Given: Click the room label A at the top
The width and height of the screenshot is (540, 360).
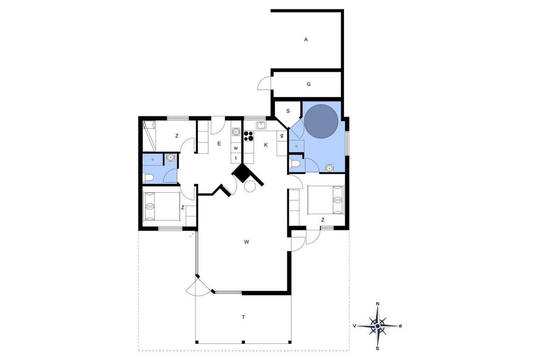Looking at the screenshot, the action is tap(306, 39).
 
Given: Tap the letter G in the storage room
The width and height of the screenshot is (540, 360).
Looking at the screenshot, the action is tap(308, 84).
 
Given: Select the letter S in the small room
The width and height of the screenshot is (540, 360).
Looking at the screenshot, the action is tap(288, 111).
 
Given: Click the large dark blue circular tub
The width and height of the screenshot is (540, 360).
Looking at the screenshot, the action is tap(321, 121).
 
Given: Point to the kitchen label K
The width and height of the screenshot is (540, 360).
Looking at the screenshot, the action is tap(266, 145).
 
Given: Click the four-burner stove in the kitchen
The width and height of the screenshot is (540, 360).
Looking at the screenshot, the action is tap(248, 136).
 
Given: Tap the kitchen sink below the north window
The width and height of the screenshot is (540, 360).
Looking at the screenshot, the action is tap(261, 125).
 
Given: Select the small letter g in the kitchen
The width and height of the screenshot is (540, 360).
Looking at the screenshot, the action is tap(282, 135).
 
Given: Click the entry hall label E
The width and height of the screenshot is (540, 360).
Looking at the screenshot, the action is tap(219, 144).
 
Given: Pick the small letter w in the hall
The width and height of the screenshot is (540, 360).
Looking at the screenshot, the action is tap(236, 148).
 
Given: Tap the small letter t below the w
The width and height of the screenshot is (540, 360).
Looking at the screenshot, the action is tap(236, 158).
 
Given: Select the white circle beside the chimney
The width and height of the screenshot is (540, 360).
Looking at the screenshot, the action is tap(250, 186).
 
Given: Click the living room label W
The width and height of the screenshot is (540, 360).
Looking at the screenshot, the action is tap(246, 242).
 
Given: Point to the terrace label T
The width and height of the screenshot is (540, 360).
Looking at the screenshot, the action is tap(243, 317).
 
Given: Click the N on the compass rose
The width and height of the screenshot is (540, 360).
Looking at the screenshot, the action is tap(378, 304).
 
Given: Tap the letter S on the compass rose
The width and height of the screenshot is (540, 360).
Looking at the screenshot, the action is tap(378, 349).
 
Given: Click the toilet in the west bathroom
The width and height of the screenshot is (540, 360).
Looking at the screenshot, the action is tap(148, 178).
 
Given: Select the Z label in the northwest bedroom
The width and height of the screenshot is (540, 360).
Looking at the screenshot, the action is tap(177, 136).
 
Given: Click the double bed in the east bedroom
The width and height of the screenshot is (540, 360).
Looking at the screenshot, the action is tap(326, 200).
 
